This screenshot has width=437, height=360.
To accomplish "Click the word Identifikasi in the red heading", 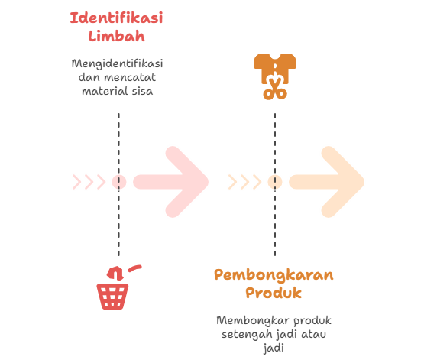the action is point(116,18).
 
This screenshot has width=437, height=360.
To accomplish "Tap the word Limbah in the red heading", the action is point(116,36).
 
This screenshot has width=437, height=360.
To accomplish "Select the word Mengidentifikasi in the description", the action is point(117,64).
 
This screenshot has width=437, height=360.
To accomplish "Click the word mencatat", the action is point(130,77).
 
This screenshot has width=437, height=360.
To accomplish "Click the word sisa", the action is point(142,91).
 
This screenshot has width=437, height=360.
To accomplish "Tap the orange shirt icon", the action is point(275,67).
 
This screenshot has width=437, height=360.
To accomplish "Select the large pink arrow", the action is point(171,182).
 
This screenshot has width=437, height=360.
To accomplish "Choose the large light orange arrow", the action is point(327,182).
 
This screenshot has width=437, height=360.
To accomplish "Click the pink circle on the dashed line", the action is point(119,182).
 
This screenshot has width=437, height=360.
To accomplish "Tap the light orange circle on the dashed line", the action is point(275,182).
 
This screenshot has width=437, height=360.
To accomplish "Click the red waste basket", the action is point(112,297).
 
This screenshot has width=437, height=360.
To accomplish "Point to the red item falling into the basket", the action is point(115,274).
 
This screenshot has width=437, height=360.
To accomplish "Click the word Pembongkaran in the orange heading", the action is point(274,275).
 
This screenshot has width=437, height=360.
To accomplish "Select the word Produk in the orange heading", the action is point(274,293).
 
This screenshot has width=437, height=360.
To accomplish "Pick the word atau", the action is point(314,334).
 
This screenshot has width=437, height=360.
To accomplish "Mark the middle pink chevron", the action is point(89,182).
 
